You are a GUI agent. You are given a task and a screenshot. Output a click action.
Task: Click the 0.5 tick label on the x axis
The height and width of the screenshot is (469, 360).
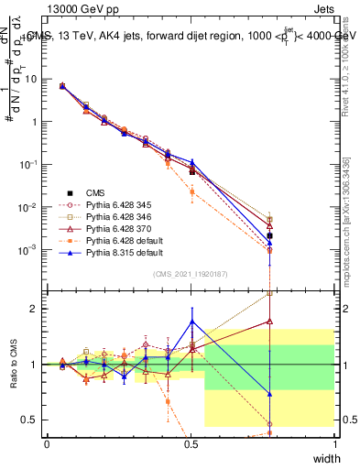pyautogui.click(x=191, y=443)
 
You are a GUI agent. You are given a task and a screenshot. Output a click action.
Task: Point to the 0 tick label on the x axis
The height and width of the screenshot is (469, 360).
pyautogui.click(x=48, y=443)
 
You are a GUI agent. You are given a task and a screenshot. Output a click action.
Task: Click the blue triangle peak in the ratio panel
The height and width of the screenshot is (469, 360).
pyautogui.click(x=191, y=321)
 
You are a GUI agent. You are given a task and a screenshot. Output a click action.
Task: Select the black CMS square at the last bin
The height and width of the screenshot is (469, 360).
pyautogui.click(x=269, y=235)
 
